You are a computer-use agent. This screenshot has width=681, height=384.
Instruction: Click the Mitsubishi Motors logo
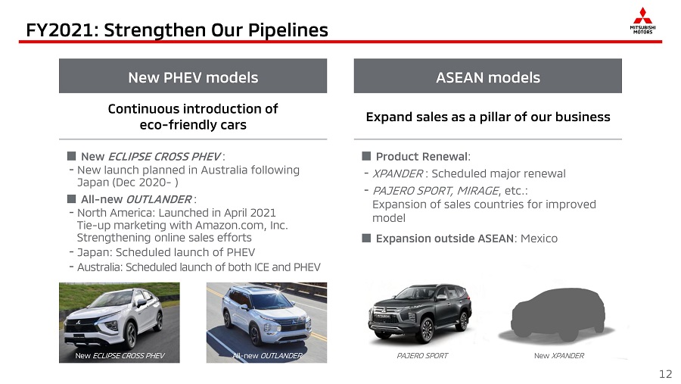642,20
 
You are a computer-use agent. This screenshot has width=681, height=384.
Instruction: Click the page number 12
665,374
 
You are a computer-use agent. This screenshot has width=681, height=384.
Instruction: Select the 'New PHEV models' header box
193,76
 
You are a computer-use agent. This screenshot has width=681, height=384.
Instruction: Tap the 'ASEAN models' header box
488,76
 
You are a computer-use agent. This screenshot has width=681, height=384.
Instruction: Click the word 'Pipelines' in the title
288,30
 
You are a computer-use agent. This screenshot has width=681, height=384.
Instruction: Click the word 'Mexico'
539,239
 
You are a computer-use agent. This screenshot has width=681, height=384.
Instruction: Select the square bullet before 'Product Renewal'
366,156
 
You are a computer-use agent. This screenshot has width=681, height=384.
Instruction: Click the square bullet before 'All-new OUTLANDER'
72,198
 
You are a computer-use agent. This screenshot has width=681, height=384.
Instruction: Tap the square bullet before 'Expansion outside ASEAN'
366,238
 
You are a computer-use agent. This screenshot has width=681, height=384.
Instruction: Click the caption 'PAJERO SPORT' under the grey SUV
422,356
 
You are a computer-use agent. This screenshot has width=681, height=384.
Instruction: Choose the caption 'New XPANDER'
559,356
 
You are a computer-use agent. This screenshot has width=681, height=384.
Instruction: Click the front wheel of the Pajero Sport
424,330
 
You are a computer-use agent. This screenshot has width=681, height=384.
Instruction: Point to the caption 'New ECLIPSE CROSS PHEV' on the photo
120,356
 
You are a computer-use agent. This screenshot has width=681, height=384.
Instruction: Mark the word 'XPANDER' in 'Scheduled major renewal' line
398,173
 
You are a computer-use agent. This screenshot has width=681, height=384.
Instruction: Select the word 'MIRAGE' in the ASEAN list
477,190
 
